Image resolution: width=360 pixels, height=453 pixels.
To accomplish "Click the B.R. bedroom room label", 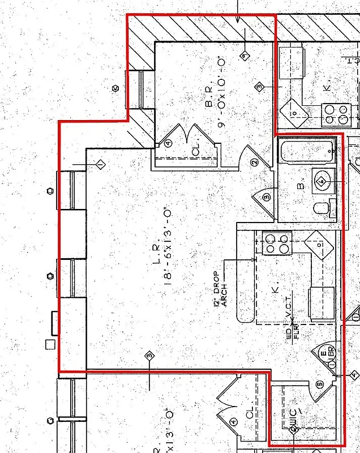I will tap(209, 101).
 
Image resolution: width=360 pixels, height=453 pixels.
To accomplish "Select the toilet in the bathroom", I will tap(321, 208).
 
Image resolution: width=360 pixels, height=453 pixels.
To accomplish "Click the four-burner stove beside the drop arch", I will tap(277, 243).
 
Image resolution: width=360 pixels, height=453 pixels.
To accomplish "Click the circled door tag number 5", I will tap(320, 384).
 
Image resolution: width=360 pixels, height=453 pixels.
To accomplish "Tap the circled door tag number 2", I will tap(254, 163).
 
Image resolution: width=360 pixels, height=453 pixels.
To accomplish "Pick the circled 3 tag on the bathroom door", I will tap(266, 196).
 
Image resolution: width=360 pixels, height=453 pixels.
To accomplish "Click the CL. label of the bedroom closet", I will tap(196, 151).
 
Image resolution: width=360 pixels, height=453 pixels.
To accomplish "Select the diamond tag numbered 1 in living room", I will tap(100, 165).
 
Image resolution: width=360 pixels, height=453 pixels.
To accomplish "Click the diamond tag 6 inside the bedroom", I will tap(244, 55).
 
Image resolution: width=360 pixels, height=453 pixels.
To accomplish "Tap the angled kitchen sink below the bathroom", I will tap(317, 243).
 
